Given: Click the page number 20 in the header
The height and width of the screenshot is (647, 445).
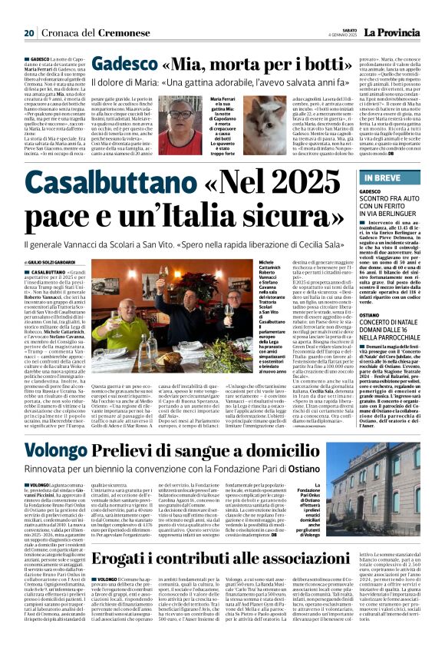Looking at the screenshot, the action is tap(29, 33).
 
